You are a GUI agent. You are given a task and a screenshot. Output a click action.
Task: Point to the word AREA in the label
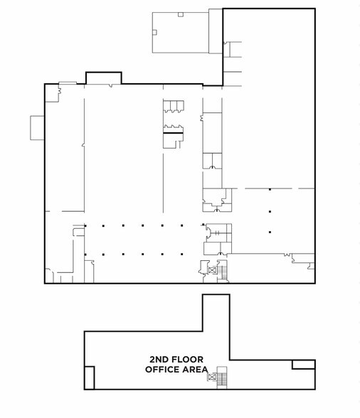[x=195, y=370]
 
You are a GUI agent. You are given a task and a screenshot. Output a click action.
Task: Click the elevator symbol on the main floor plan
[x=212, y=270]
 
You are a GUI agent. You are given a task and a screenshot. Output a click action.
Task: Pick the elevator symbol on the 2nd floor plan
[x=212, y=377]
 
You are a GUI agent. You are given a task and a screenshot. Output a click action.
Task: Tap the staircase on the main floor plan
[x=222, y=272]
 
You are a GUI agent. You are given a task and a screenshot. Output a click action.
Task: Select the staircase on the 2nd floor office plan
[x=222, y=378]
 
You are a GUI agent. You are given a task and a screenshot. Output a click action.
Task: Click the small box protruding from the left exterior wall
[x=38, y=128]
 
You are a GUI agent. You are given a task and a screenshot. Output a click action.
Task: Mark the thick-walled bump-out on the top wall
[x=104, y=78]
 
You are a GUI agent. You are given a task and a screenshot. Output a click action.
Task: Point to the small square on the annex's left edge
[x=154, y=33]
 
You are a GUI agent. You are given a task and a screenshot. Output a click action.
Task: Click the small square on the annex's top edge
[x=181, y=14]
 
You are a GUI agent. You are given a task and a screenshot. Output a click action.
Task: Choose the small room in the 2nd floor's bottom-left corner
[x=90, y=378]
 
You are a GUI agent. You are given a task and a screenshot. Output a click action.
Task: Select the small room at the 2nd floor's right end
[x=304, y=365]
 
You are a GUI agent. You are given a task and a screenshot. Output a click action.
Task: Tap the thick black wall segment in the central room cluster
[x=173, y=133]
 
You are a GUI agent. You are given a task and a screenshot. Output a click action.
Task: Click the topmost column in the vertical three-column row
[x=270, y=190]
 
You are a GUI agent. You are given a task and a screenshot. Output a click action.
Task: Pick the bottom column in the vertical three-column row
[x=270, y=232]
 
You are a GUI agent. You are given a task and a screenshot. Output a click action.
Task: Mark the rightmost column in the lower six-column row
[x=181, y=254]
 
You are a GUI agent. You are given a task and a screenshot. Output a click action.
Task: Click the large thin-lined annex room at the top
[x=181, y=33]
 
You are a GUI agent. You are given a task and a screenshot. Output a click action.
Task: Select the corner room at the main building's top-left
[x=52, y=93]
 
